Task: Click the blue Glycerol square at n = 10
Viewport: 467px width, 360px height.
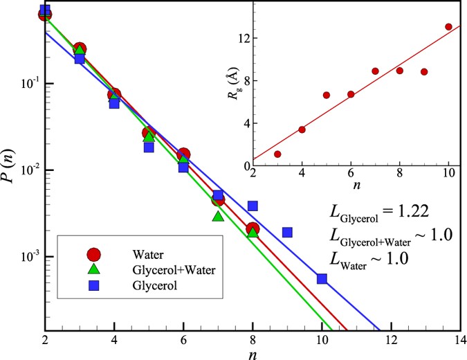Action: [x=322, y=278]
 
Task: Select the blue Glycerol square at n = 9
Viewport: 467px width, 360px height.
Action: [x=287, y=233]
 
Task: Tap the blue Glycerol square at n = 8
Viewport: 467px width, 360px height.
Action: [x=253, y=206]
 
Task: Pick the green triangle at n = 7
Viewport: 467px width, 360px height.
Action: [x=218, y=217]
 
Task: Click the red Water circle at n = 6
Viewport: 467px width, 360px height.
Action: [x=183, y=154]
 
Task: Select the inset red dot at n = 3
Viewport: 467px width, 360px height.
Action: [x=277, y=154]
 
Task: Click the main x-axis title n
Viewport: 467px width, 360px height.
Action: [x=253, y=353]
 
